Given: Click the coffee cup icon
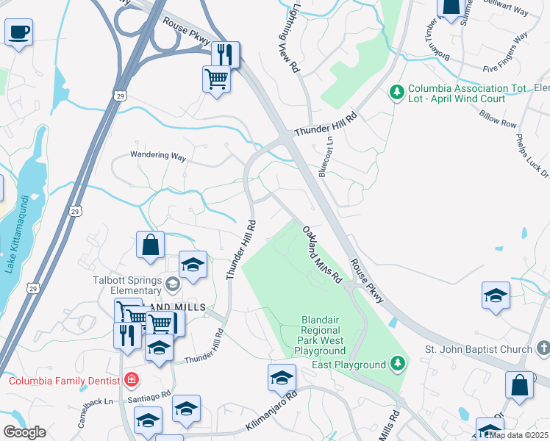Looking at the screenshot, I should click(18, 32).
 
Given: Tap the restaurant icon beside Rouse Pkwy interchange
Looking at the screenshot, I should click(226, 54).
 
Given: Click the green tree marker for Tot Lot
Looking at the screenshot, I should click(397, 91).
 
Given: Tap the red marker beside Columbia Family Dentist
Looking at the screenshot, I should click(131, 380).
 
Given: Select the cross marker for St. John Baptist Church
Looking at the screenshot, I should click(542, 346).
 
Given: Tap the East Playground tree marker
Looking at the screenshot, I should click(397, 363).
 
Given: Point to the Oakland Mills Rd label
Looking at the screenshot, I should click(323, 255).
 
